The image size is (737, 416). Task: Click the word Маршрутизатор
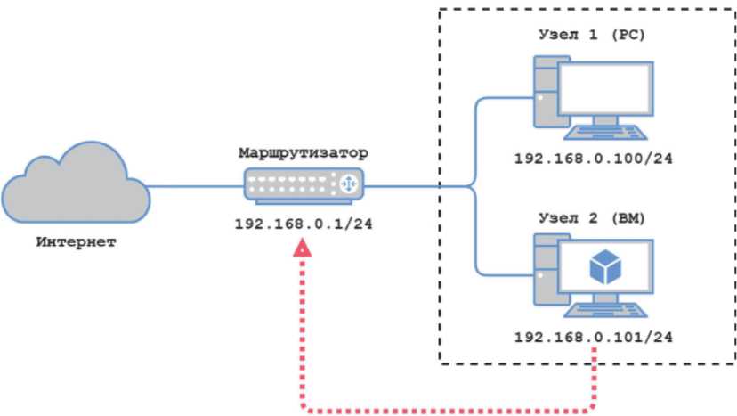(303, 155)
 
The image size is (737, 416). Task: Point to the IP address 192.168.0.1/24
(303, 223)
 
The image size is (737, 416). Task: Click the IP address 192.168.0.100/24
(592, 158)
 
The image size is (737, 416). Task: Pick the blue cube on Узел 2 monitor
(610, 268)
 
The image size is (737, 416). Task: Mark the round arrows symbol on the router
(346, 185)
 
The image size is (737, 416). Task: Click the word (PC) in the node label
(628, 35)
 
